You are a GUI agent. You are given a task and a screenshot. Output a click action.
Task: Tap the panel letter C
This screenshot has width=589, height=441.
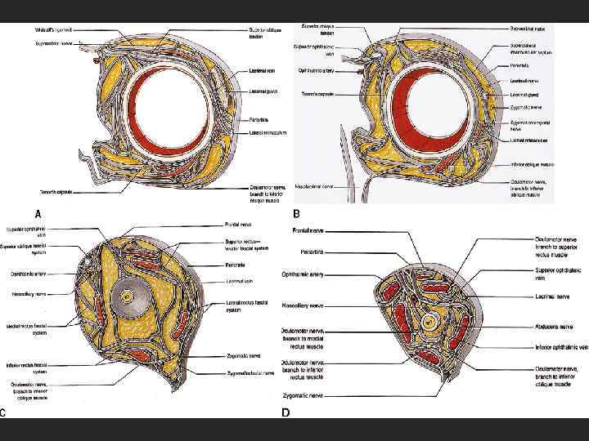click(5, 412)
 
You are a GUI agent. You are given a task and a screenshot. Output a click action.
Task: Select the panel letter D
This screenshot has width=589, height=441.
click(286, 412)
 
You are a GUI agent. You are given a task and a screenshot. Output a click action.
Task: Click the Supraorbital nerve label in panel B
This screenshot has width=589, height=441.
click(528, 27)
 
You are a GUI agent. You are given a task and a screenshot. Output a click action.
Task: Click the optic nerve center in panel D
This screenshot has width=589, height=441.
click(428, 323)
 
